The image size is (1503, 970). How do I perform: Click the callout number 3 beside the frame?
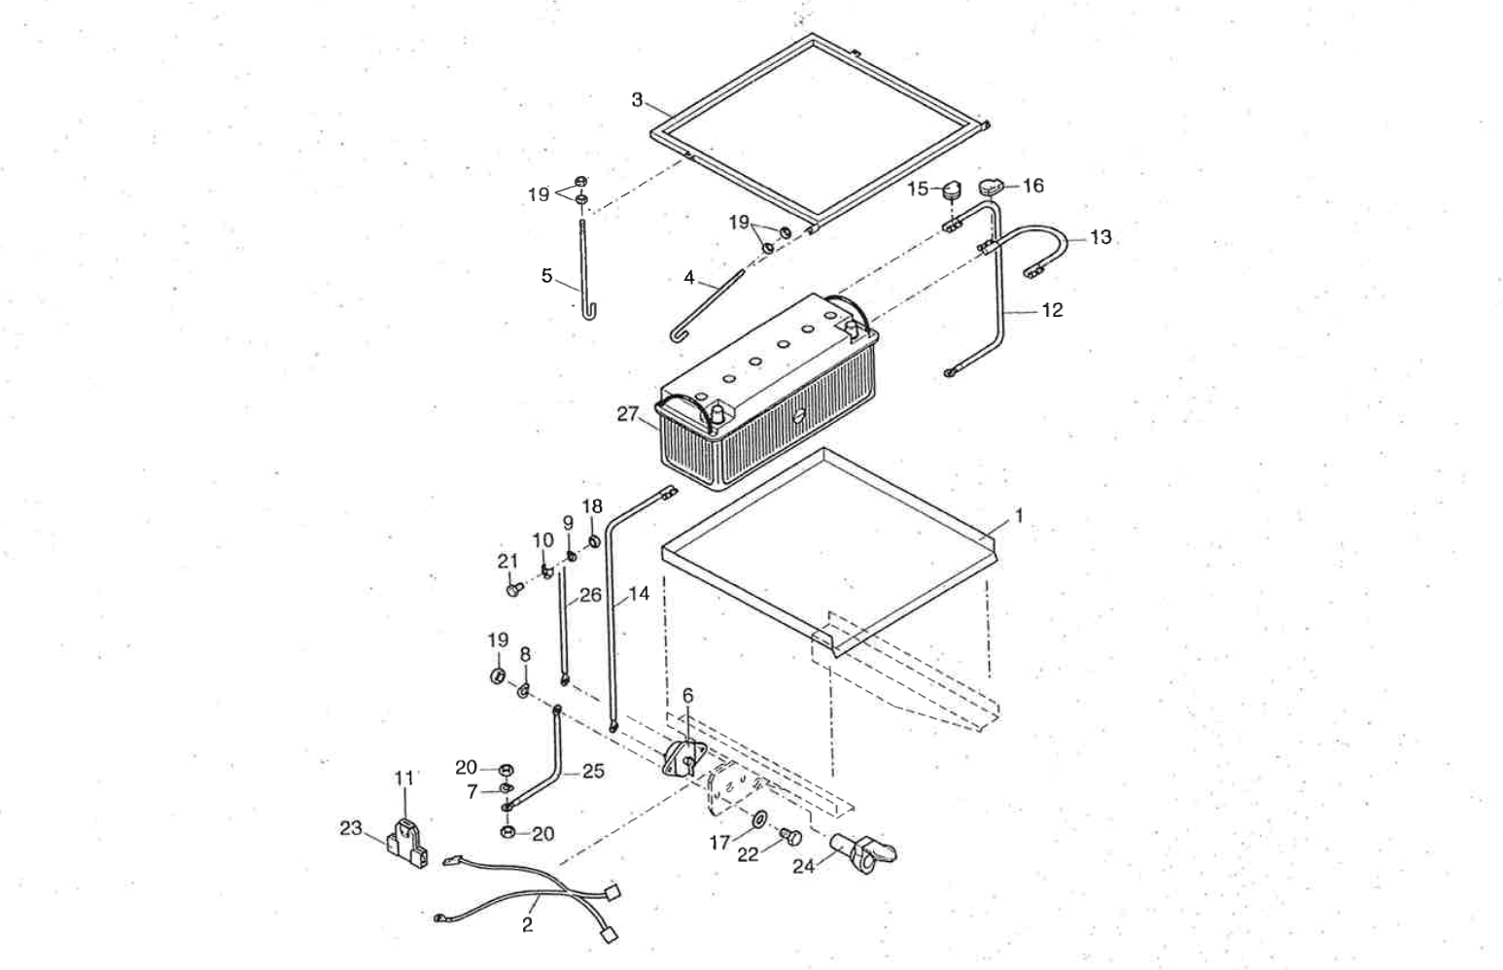click(637, 99)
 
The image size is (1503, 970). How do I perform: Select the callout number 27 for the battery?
click(627, 414)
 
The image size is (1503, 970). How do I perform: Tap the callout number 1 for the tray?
click(1019, 516)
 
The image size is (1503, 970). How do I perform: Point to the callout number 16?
click(1032, 185)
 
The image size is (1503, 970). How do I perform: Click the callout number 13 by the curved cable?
click(1100, 237)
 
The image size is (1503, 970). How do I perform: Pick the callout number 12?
click(1052, 310)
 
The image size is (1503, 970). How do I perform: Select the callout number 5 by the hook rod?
click(546, 276)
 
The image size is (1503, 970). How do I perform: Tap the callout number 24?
click(803, 866)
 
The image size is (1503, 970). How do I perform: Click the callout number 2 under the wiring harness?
click(527, 925)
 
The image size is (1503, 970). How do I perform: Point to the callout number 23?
click(350, 828)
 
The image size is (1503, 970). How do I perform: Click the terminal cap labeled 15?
click(950, 189)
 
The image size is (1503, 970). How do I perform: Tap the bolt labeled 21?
click(512, 587)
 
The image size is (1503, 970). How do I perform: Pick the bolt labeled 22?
click(789, 835)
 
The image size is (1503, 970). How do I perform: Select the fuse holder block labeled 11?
click(406, 836)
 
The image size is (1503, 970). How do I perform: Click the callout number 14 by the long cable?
click(638, 594)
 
